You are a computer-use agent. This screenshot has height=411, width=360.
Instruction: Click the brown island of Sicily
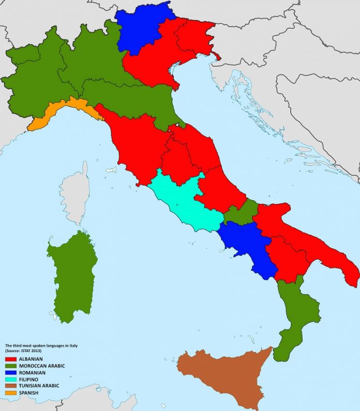pyautogui.click(x=228, y=372)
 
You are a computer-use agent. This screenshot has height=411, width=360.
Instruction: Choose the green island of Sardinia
pyautogui.click(x=72, y=274)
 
